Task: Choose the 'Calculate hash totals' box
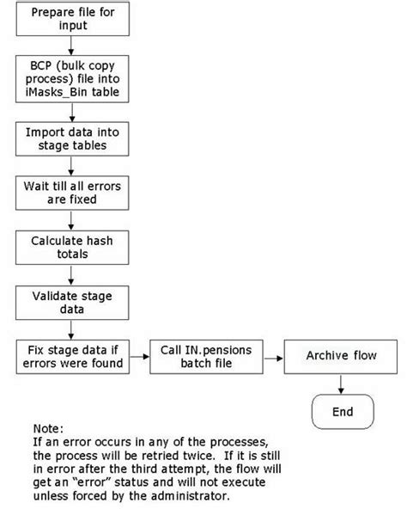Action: click(74, 245)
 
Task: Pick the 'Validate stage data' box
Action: click(74, 300)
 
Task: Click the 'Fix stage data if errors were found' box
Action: click(74, 356)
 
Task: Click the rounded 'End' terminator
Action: click(342, 412)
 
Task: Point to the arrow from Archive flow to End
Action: click(342, 383)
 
